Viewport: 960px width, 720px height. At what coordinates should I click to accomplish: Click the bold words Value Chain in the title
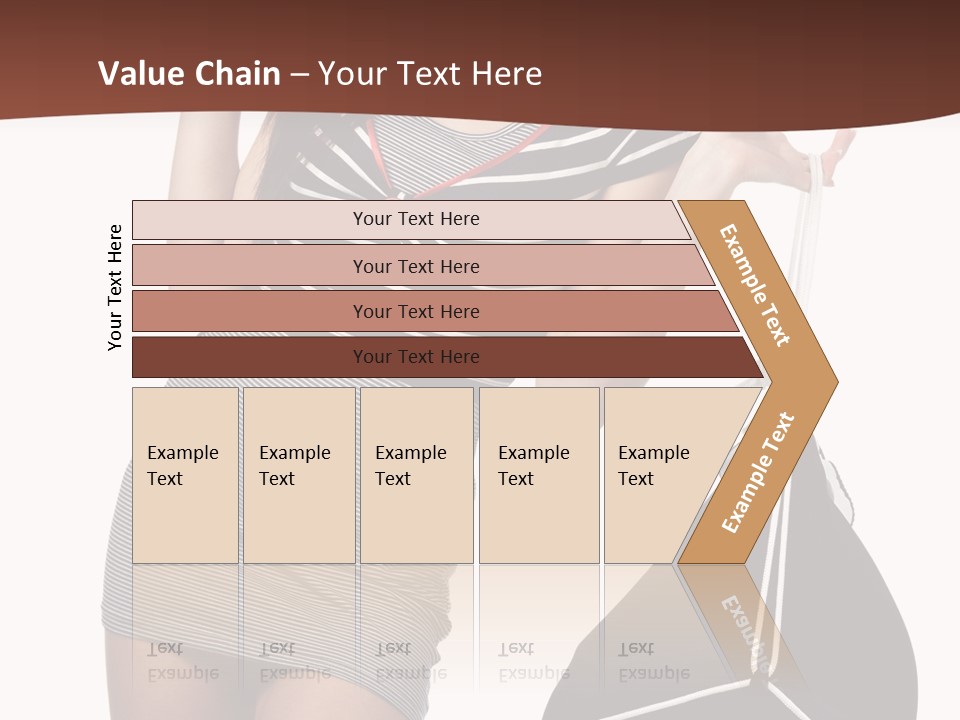pyautogui.click(x=189, y=74)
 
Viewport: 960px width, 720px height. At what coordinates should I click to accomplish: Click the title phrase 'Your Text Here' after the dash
pyautogui.click(x=430, y=74)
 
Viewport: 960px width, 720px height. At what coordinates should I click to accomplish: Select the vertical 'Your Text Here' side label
pyautogui.click(x=115, y=287)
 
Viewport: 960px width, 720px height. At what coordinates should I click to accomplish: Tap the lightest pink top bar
pyautogui.click(x=250, y=220)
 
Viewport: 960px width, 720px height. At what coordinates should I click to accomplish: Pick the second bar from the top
pyautogui.click(x=250, y=266)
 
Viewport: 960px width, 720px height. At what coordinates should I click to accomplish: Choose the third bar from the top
pyautogui.click(x=250, y=311)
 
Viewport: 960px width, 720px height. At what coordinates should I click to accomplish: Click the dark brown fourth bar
pyautogui.click(x=250, y=357)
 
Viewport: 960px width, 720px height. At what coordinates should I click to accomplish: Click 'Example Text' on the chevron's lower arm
pyautogui.click(x=758, y=472)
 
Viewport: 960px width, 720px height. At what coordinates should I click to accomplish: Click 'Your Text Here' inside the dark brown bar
pyautogui.click(x=416, y=357)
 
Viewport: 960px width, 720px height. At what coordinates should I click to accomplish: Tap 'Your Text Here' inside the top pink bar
pyautogui.click(x=416, y=219)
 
